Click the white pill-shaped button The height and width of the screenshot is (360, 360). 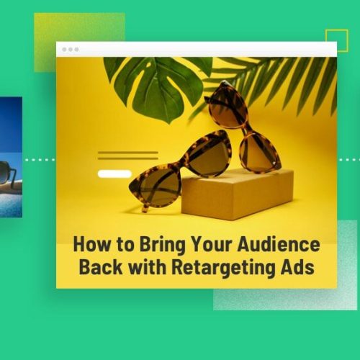click(114, 174)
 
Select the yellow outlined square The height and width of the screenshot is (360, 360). click(336, 40)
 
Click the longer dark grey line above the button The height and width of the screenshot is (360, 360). click(128, 152)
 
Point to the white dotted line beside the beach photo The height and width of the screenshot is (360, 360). click(39, 159)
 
